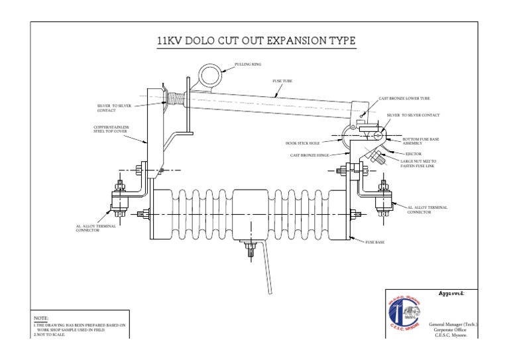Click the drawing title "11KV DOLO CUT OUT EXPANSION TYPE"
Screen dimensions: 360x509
pyautogui.click(x=256, y=41)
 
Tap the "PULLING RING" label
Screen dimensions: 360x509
pyautogui.click(x=248, y=64)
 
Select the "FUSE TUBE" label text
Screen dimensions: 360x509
pyautogui.click(x=283, y=81)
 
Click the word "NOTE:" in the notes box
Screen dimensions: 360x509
pyautogui.click(x=41, y=319)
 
